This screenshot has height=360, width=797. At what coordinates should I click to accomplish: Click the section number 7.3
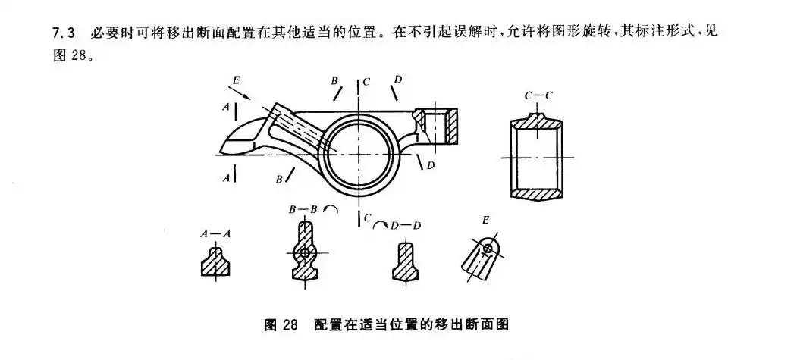click(x=61, y=35)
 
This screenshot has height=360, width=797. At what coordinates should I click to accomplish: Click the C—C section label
click(x=538, y=96)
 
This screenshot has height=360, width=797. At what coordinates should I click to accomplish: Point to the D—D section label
click(x=408, y=225)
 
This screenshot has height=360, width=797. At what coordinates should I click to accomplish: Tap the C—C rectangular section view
click(x=538, y=156)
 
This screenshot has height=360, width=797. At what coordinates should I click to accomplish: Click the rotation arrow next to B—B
click(x=331, y=208)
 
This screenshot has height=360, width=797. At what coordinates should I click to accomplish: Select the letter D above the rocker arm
click(x=397, y=79)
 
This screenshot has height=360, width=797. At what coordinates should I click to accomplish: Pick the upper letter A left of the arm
click(x=226, y=108)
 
